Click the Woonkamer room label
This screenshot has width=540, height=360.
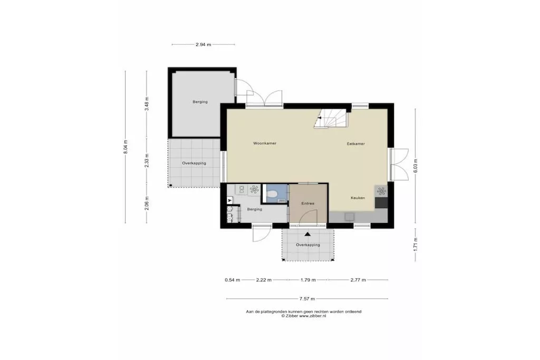pos(265,143)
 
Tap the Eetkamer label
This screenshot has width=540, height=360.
pos(356,144)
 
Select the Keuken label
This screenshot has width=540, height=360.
pos(358,198)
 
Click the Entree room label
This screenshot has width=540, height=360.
pos(308,203)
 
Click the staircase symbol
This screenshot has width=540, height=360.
pos(331,119)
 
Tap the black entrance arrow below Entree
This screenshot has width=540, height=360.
pos(307,234)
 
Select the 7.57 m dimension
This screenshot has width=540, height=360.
pos(307,299)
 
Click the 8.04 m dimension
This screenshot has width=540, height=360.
pos(126,147)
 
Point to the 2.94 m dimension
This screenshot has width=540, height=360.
pos(203,44)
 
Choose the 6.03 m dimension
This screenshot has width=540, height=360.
pos(416,166)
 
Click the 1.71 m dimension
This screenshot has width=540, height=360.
pos(416,245)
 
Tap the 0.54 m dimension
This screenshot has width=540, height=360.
pos(233,280)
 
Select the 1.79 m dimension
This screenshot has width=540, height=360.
pos(308,280)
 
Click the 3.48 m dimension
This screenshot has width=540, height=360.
pos(147,104)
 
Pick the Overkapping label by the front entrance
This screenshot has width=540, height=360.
pos(308,245)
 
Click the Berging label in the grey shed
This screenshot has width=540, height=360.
pos(200,102)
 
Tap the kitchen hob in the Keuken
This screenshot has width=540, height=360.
pos(381,191)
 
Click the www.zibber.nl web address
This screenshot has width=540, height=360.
pos(312,316)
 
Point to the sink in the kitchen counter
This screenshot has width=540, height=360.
pos(349,216)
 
